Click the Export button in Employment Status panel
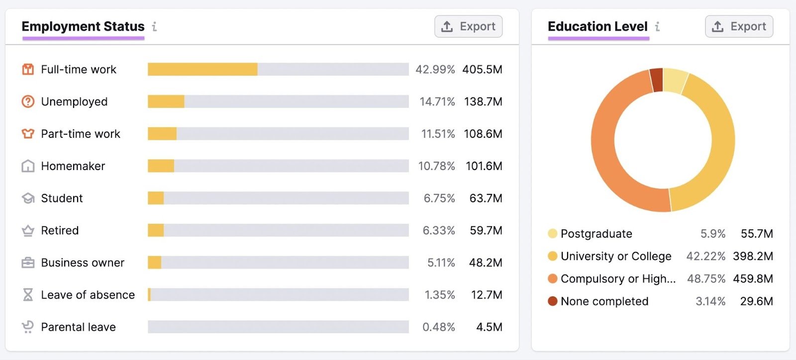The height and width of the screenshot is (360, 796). [x=468, y=26]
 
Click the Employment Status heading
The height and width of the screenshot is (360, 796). [x=83, y=26]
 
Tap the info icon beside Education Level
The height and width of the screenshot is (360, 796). [x=657, y=26]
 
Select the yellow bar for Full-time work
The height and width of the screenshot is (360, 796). [x=202, y=69]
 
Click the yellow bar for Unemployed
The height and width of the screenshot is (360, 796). [x=166, y=101]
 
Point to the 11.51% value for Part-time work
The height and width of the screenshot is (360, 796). [x=438, y=134]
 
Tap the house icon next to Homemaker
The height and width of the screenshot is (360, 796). [x=28, y=166]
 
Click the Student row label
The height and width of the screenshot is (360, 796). [x=62, y=198]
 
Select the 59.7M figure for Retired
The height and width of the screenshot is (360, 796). [x=486, y=230]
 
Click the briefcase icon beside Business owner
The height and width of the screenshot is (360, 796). [x=28, y=263]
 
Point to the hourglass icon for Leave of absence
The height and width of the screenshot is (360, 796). [x=28, y=295]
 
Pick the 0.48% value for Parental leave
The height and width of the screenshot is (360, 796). [x=438, y=327]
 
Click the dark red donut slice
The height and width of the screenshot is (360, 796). [x=657, y=80]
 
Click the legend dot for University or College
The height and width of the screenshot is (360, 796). [x=552, y=256]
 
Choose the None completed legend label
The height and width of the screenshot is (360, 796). [x=604, y=301]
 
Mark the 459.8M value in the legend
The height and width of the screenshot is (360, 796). [x=753, y=279]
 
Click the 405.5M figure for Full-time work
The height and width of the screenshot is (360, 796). [x=482, y=69]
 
